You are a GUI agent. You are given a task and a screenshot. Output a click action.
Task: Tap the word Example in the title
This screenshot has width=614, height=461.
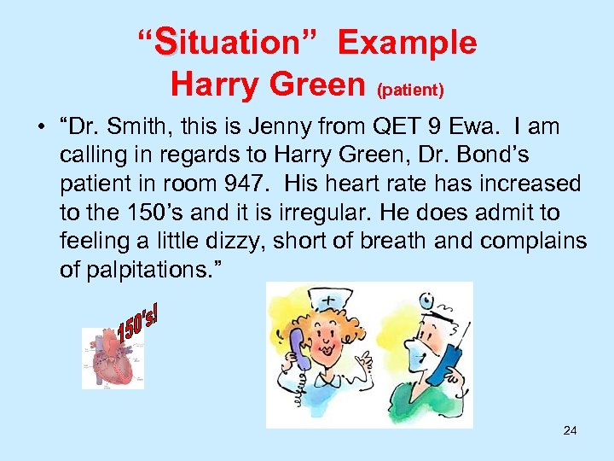tap(407, 41)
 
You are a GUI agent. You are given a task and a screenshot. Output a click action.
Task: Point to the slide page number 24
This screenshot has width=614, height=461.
tap(570, 430)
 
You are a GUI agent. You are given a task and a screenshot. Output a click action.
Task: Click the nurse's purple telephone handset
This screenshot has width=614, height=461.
tap(298, 359)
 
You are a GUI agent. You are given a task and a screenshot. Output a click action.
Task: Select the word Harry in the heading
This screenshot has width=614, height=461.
tap(214, 84)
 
